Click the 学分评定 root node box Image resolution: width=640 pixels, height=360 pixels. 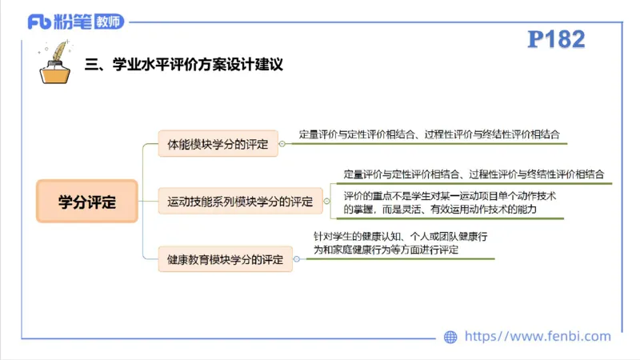click(87, 202)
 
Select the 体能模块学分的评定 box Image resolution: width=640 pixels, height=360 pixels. click(218, 145)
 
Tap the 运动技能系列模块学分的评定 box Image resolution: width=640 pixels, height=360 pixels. click(240, 201)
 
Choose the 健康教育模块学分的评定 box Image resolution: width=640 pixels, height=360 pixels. click(225, 259)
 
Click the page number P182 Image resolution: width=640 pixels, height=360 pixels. click(557, 39)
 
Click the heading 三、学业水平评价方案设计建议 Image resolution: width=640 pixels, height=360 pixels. click(183, 64)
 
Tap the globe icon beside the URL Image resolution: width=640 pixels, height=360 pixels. click(450, 337)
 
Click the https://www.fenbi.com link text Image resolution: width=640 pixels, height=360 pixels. click(538, 337)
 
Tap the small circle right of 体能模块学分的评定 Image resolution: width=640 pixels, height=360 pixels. click(282, 145)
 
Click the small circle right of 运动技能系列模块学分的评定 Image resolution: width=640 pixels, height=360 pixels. click(327, 201)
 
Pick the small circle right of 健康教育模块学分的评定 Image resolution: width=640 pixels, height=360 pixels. click(297, 259)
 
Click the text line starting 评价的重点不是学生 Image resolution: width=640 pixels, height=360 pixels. click(450, 196)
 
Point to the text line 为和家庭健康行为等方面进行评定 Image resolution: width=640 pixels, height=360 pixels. click(386, 250)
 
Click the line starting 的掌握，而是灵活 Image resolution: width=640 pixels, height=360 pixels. click(439, 209)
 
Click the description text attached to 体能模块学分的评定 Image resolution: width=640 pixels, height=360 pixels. click(429, 134)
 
